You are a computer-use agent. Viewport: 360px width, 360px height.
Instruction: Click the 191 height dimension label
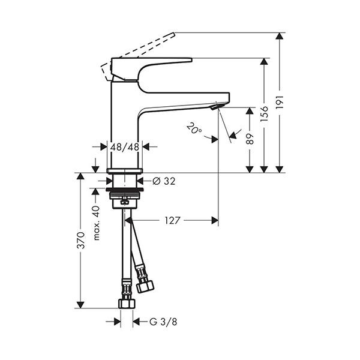280,102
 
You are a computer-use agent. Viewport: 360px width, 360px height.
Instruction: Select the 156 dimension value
265,113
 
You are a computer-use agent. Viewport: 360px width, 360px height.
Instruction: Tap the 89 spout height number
250,139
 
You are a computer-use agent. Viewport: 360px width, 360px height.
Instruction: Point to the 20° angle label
194,128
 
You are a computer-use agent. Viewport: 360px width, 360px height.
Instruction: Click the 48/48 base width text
125,147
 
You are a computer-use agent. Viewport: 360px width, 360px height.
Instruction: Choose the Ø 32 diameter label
164,181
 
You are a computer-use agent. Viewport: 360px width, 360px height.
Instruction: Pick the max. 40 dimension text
97,223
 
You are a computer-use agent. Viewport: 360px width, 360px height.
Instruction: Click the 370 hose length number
81,241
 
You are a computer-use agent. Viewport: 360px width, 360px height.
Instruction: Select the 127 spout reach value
172,220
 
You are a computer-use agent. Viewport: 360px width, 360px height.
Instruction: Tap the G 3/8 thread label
163,322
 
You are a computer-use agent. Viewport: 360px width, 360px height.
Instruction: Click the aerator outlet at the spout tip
217,107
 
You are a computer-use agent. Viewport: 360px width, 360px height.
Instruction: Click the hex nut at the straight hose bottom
127,304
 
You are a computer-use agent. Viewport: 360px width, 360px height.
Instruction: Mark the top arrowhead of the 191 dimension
280,36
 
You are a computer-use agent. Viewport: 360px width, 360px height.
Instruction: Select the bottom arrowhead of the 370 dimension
80,305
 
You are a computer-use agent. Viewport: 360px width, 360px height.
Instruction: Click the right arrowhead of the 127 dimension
215,220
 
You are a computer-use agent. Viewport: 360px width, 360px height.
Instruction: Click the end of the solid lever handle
191,60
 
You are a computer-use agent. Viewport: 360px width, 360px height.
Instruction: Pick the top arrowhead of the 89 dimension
250,111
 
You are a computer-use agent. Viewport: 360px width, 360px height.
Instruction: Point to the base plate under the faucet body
125,170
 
